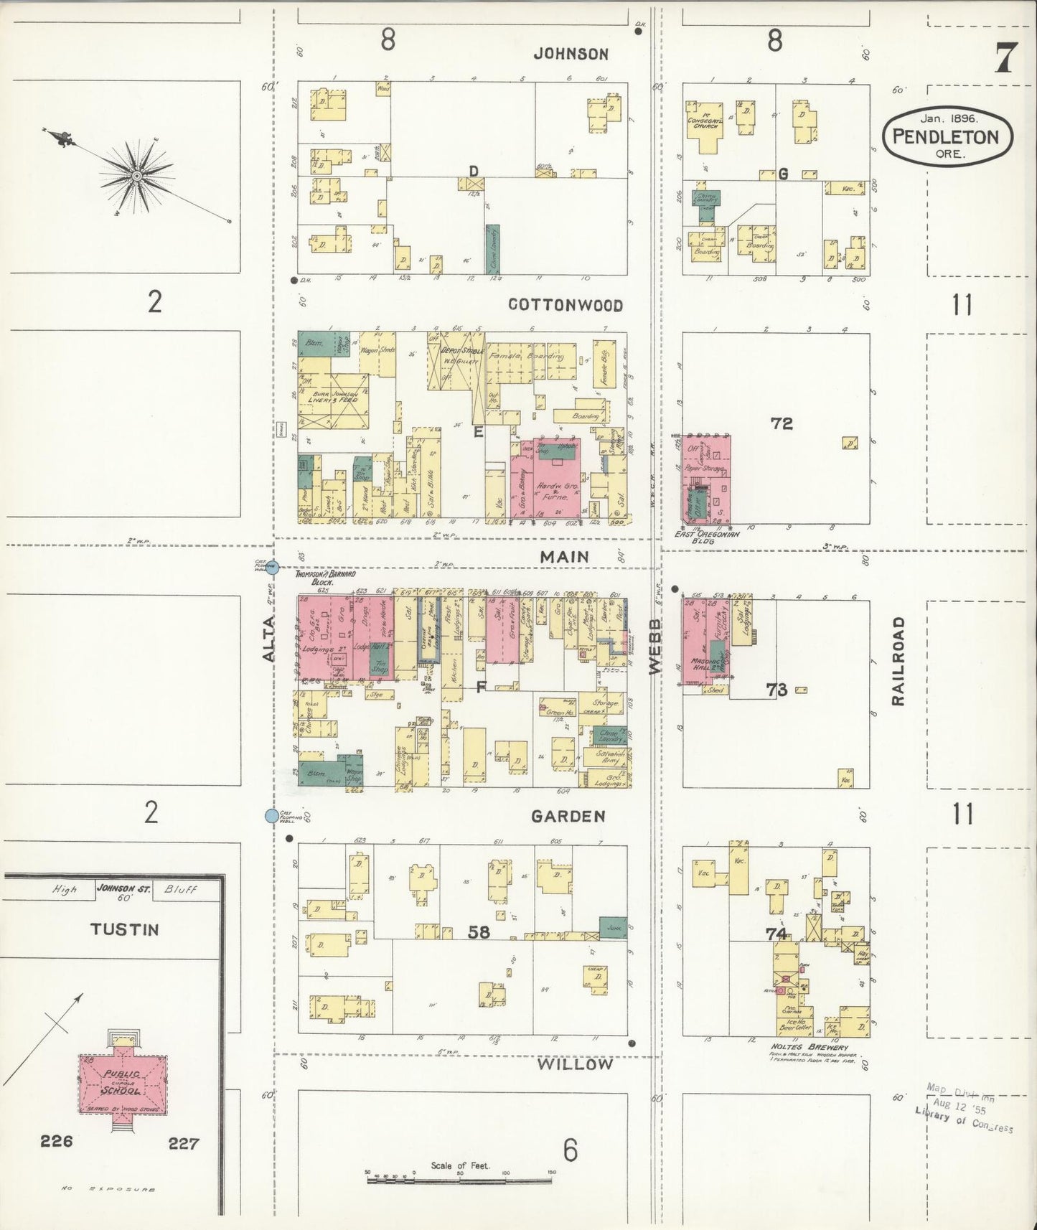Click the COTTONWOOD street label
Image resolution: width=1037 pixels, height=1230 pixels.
(565, 305)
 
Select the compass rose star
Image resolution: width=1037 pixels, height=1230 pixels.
(136, 174)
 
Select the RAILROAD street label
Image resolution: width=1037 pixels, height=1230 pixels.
(898, 661)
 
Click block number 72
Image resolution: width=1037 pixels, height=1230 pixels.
(782, 423)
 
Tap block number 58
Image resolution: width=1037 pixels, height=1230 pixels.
(479, 931)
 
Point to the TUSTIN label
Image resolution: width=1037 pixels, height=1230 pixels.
(124, 929)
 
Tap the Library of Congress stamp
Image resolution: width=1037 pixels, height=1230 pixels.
(964, 1118)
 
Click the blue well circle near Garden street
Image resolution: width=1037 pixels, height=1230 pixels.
(271, 816)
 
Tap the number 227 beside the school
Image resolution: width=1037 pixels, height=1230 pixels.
(183, 1143)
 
